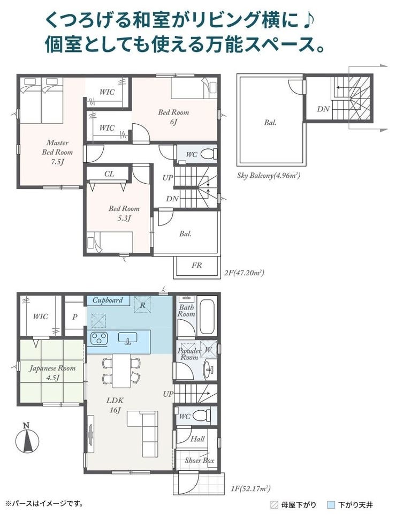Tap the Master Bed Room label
point(57,152)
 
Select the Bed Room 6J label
point(173,117)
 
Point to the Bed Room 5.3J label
point(124,213)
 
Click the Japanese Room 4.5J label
point(52,373)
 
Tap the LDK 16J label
point(115,405)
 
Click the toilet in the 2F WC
point(209,154)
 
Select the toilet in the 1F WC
point(202,415)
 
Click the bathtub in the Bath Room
point(208,317)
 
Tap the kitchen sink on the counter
point(128,338)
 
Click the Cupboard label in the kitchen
point(108,300)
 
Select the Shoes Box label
point(199,461)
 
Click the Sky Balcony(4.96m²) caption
point(269,176)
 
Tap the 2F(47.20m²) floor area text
point(244,273)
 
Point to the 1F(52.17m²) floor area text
point(250,488)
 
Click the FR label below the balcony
point(196,265)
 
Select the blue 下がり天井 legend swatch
point(330,505)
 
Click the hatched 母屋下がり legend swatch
point(274,505)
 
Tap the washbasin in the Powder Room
point(209,368)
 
